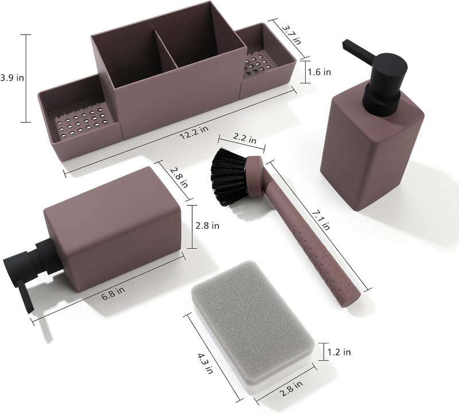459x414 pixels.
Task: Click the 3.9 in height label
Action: tap(11, 78)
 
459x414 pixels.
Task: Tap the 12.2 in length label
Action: tap(194, 132)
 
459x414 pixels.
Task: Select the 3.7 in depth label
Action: tap(291, 34)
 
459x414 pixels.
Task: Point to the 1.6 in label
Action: tap(320, 72)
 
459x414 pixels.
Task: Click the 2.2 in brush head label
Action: tap(245, 138)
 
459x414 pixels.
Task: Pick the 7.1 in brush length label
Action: tap(321, 220)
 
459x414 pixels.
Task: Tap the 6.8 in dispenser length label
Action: tap(113, 293)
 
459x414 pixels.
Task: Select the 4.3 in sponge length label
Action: tap(205, 364)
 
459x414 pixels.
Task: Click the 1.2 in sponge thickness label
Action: tap(339, 352)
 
